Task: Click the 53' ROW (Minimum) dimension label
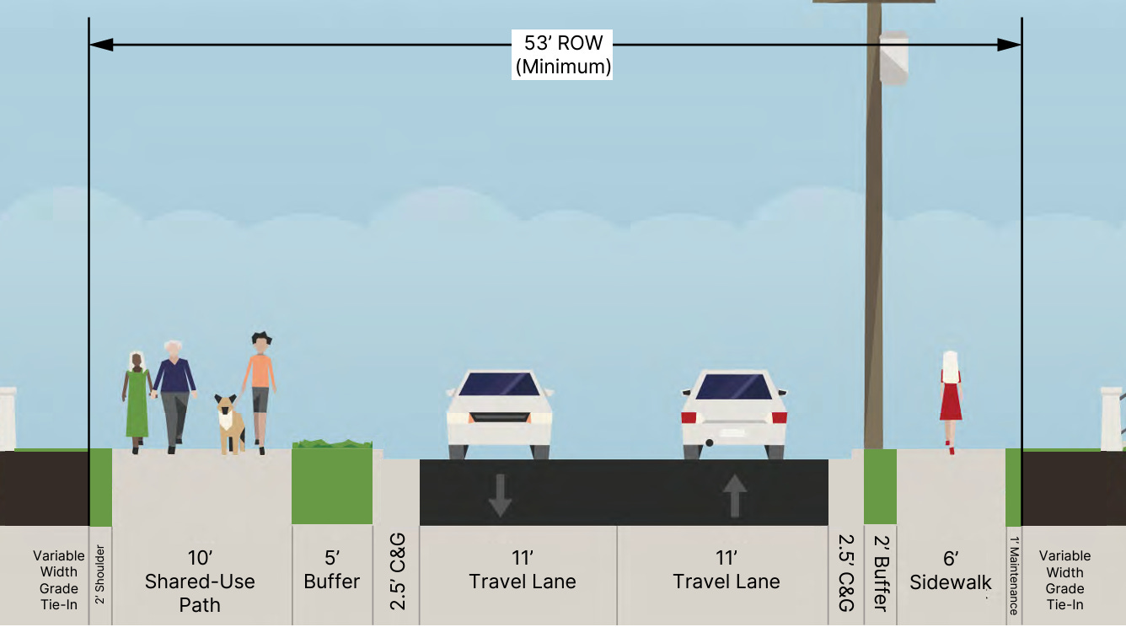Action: click(x=562, y=55)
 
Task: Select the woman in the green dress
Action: click(x=137, y=403)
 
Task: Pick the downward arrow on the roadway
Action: click(x=500, y=495)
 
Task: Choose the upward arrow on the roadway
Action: click(x=734, y=495)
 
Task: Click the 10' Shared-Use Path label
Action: click(x=200, y=581)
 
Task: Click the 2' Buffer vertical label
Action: click(x=881, y=572)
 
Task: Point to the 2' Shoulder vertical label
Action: click(x=99, y=574)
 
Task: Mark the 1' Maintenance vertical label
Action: click(x=1014, y=576)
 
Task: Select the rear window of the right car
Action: click(x=734, y=387)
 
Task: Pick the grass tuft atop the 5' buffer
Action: click(x=331, y=443)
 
